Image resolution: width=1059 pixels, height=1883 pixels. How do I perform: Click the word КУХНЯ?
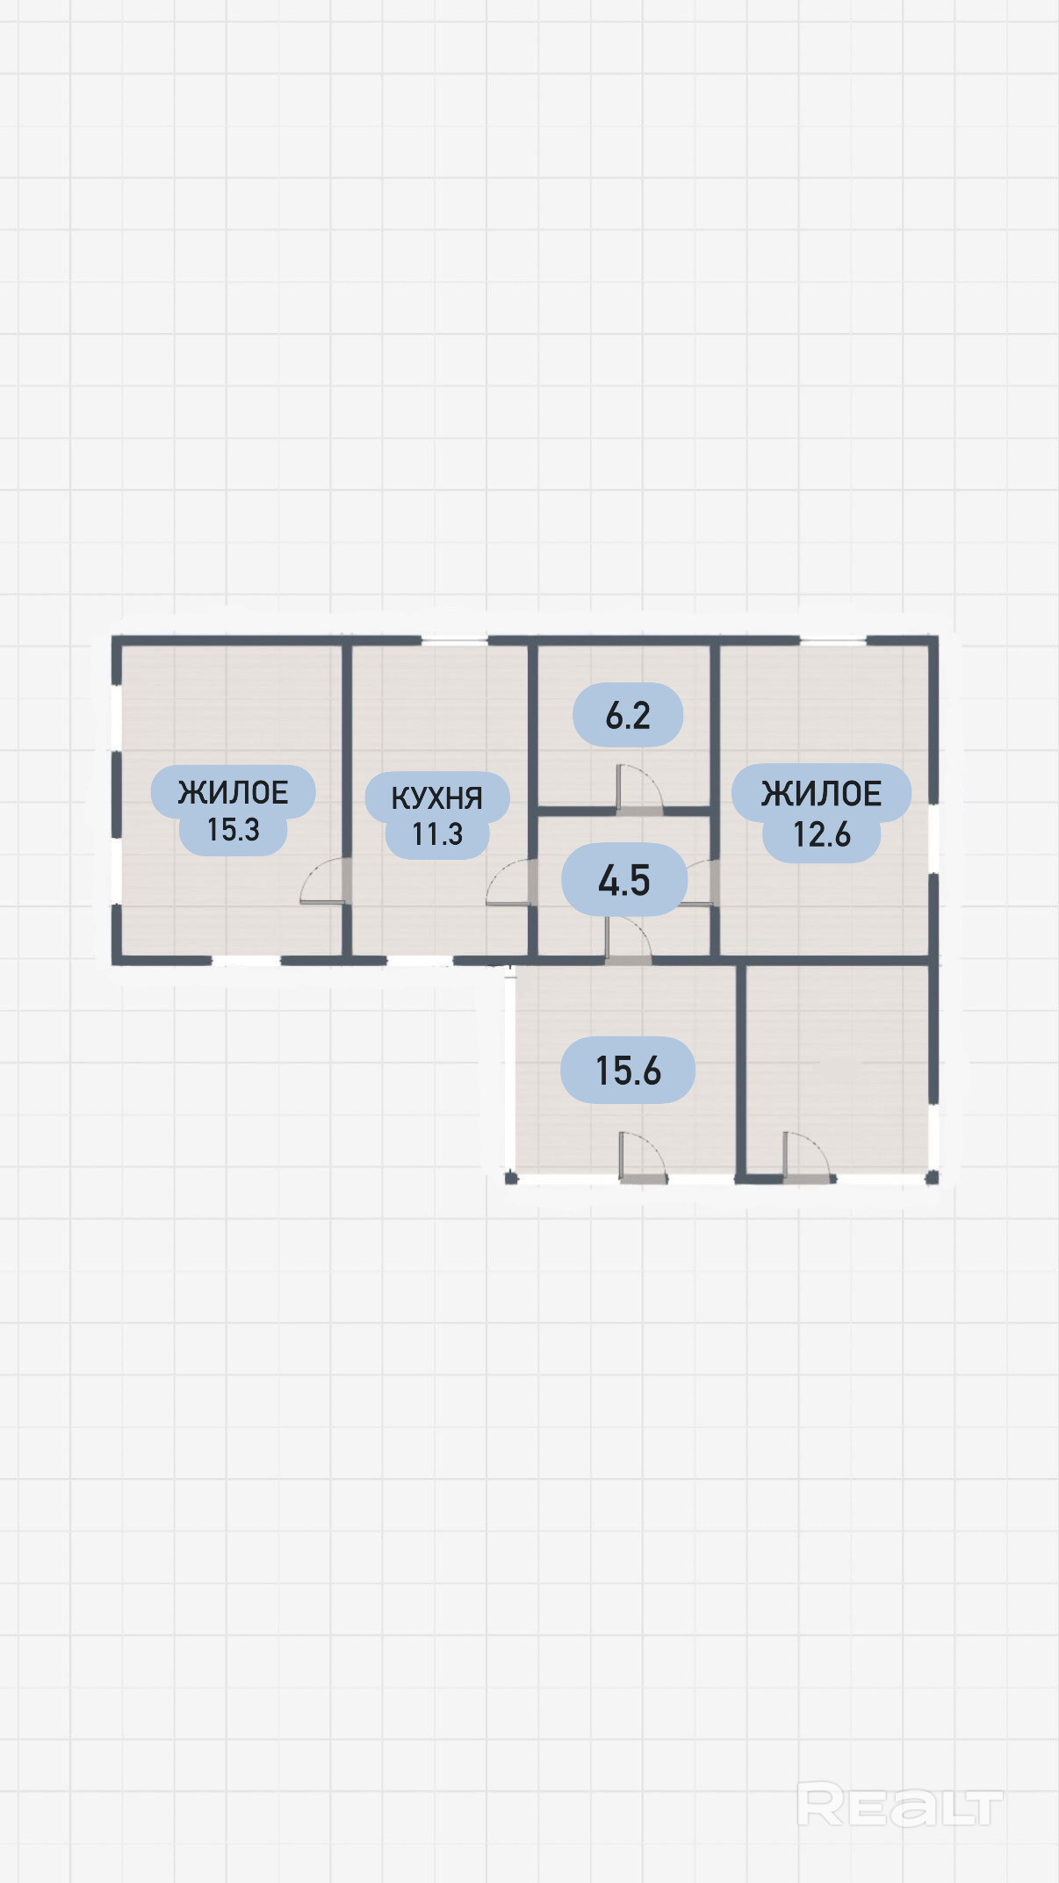[x=436, y=797]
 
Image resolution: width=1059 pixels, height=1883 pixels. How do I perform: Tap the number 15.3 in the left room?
[x=234, y=830]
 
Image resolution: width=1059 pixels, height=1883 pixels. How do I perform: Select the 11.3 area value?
[x=437, y=834]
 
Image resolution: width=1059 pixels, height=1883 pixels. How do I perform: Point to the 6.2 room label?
[x=628, y=716]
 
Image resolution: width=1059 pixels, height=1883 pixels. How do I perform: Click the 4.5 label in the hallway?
[x=624, y=880]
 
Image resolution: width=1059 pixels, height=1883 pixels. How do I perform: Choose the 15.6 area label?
[x=628, y=1071]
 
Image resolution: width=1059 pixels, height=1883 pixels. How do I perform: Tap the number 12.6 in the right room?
[x=822, y=834]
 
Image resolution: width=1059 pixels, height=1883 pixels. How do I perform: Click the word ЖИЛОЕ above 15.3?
[x=234, y=793]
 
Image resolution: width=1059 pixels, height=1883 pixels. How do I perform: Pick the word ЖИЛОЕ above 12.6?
[x=821, y=794]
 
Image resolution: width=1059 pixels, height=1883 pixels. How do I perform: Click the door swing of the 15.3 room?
[x=325, y=881]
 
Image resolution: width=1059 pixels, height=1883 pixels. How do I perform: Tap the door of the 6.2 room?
[x=639, y=789]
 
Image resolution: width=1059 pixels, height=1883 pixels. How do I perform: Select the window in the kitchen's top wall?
[x=455, y=641]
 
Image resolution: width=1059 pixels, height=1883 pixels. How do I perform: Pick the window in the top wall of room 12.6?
[x=833, y=641]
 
